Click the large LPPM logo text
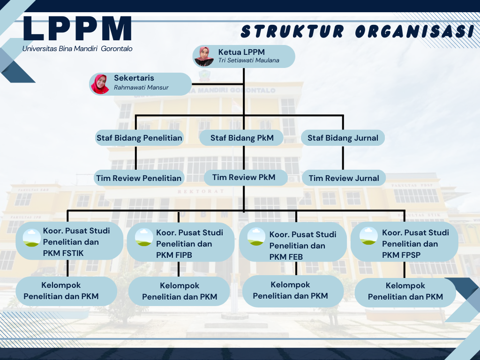(77, 29)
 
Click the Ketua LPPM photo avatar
(204, 56)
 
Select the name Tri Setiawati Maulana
(248, 60)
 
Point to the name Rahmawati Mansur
(141, 88)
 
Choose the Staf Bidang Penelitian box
(139, 138)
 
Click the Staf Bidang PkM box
(242, 138)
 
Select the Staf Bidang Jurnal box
(343, 138)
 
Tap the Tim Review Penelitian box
(139, 178)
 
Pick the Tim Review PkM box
(244, 177)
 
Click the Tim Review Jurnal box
(344, 178)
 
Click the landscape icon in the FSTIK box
(31, 238)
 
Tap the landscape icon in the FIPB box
(144, 237)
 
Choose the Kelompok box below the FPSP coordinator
(405, 291)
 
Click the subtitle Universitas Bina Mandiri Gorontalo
(77, 49)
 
